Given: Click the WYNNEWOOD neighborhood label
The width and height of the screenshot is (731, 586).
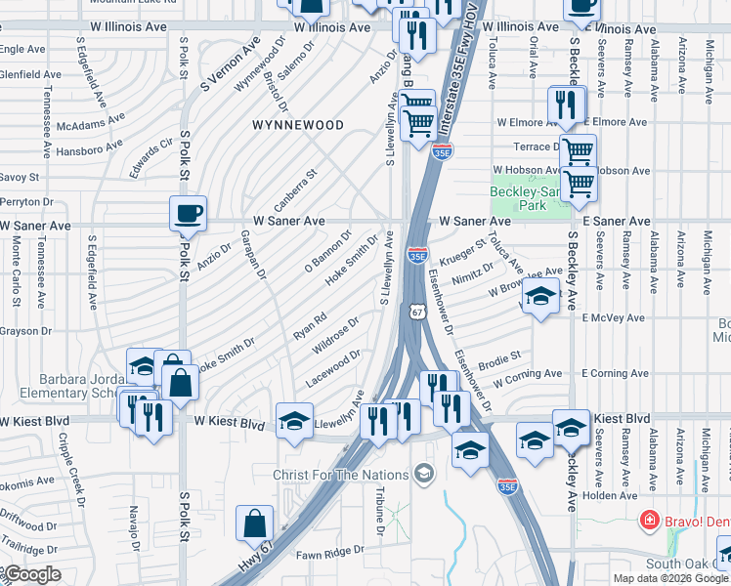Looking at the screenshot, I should coord(297,126).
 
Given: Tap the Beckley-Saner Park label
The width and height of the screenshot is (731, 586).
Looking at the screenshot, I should coord(531,198).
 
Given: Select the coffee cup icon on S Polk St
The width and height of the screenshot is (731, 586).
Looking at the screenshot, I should coord(188,213).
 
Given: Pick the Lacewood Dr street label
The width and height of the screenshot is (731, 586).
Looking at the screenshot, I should coord(336,367).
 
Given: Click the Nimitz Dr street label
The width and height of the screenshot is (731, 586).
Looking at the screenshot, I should coord(474,278).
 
